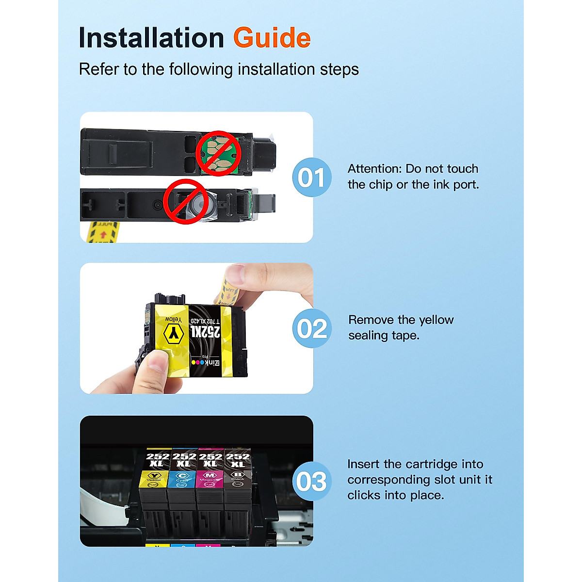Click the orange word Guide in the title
coord(272,38)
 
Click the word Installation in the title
coord(151,38)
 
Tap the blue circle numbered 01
coord(312,178)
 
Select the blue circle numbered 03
coord(312,482)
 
